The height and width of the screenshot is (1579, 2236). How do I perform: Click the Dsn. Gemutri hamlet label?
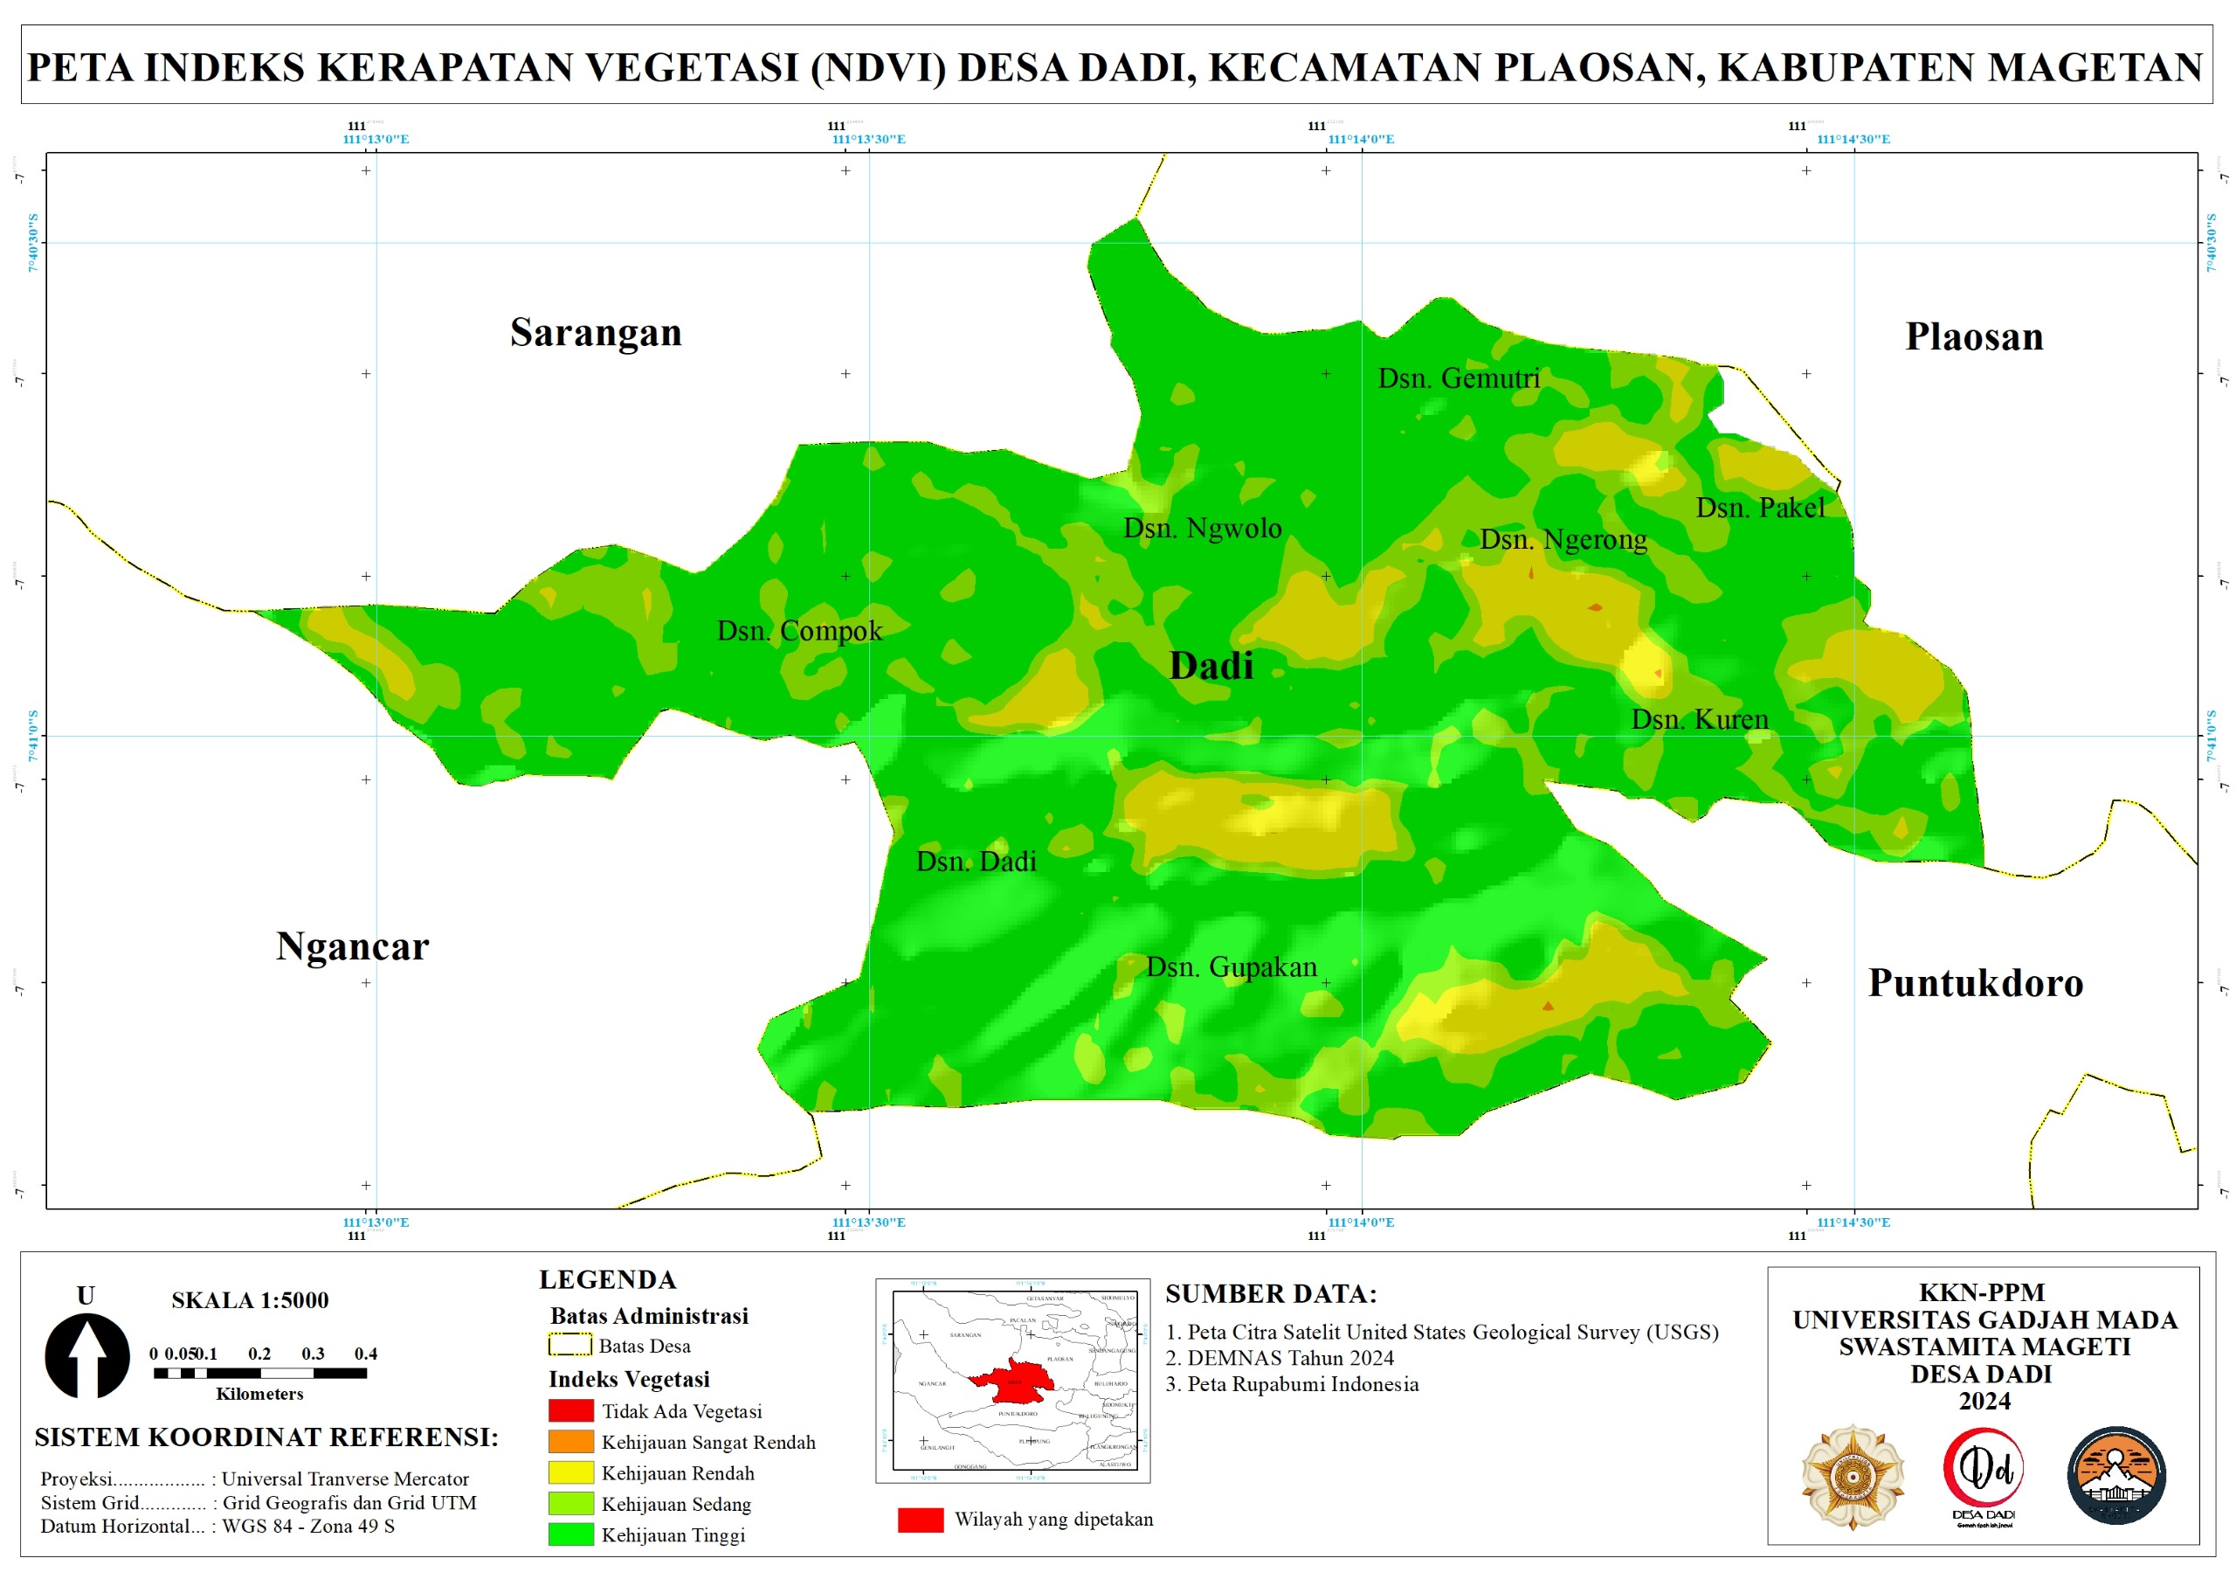(x=1458, y=378)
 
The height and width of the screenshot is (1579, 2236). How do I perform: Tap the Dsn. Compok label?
(x=798, y=631)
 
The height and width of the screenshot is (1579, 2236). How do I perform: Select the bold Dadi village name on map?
(x=1211, y=665)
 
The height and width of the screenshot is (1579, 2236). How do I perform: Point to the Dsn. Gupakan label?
(x=1231, y=966)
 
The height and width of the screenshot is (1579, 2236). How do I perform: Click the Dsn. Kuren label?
(x=1699, y=719)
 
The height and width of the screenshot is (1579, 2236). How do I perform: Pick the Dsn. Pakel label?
(x=1760, y=508)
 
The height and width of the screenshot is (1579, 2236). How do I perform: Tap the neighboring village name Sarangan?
(x=595, y=333)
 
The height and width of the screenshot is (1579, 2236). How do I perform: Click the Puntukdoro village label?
(x=1975, y=983)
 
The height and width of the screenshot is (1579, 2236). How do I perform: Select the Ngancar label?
(x=352, y=945)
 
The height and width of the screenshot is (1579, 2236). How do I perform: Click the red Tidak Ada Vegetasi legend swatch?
(x=570, y=1410)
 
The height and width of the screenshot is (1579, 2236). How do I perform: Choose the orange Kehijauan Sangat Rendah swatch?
(x=570, y=1442)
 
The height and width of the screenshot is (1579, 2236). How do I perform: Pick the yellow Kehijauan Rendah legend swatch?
(x=570, y=1472)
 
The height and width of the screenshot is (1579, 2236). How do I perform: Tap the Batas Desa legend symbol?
(x=569, y=1345)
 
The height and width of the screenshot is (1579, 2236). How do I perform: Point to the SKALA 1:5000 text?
(x=251, y=1299)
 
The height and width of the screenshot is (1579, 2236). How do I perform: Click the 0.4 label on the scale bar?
(x=365, y=1353)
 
